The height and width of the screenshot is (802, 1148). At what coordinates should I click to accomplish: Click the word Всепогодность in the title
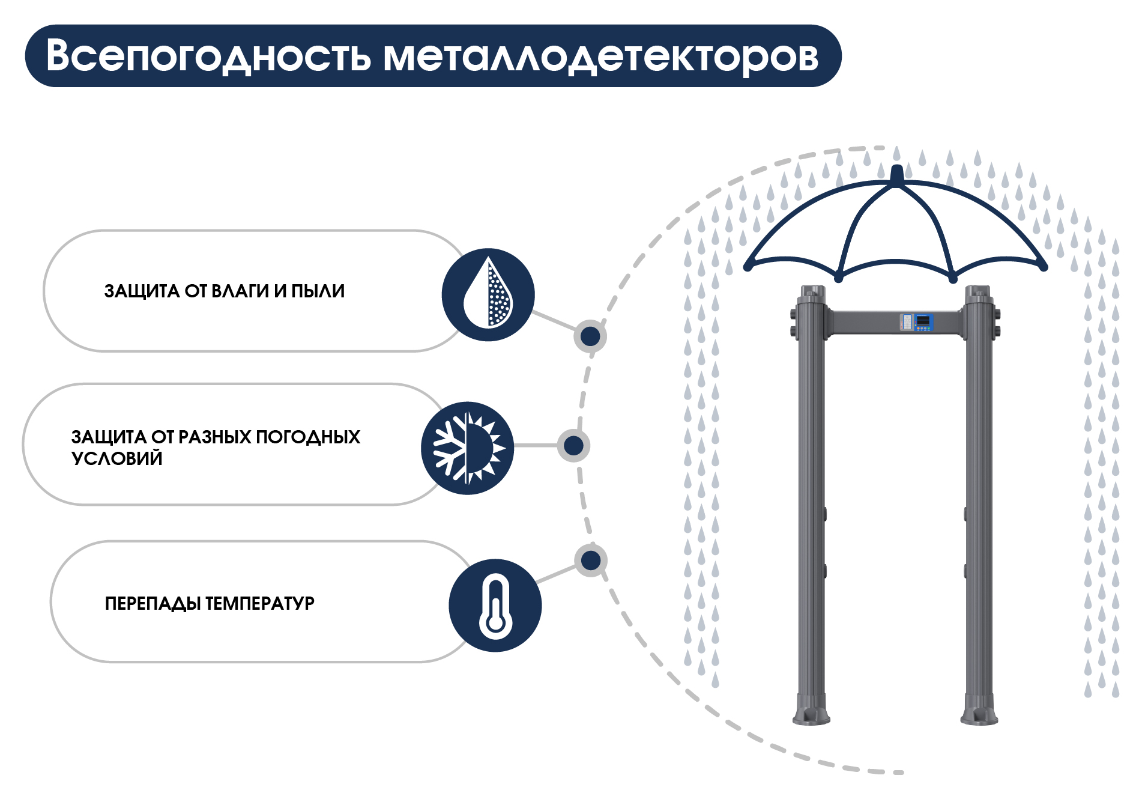coord(208,56)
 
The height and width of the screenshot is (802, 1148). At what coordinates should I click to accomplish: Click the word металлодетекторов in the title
coord(600,56)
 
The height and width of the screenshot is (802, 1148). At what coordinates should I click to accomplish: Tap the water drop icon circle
coord(488,295)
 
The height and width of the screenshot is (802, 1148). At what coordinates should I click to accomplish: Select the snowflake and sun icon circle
coord(468,448)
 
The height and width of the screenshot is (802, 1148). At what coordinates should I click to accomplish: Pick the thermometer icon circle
coord(495,606)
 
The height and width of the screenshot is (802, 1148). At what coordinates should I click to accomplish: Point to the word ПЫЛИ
coord(318,291)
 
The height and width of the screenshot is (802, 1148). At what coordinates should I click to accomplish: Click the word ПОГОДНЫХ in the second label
coord(308,437)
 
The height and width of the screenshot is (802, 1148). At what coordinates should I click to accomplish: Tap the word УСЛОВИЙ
coord(117,458)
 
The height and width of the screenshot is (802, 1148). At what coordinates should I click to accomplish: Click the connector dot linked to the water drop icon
coord(590,336)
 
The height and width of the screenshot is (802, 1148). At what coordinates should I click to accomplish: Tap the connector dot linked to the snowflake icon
coord(574,446)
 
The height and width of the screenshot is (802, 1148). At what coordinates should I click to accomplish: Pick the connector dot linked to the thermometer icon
coord(591,560)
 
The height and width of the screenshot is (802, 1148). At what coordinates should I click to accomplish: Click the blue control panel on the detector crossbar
coord(923,323)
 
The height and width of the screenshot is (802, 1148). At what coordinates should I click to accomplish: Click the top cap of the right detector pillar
coord(978,293)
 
